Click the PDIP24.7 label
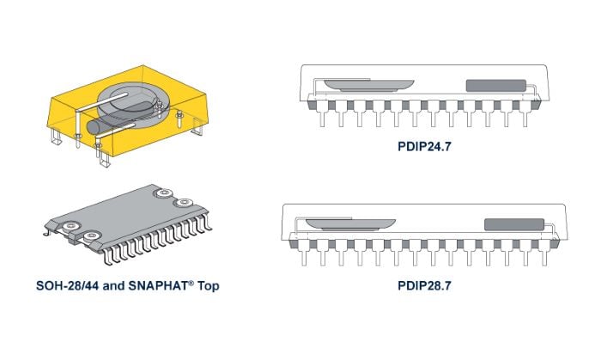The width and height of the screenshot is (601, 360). tap(424, 146)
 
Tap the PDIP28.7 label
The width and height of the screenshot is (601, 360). tap(424, 285)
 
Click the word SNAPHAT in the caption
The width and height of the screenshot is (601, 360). tap(158, 285)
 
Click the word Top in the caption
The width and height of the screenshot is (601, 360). tap(208, 286)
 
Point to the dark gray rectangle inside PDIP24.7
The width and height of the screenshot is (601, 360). tap(495, 86)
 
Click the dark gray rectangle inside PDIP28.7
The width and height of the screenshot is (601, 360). tap(514, 224)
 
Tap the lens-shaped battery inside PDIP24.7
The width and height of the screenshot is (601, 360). tap(368, 85)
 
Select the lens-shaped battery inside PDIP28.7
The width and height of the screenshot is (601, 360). tap(350, 224)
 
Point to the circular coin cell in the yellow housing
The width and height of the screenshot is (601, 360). tap(132, 103)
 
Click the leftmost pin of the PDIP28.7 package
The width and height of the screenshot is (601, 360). tap(304, 253)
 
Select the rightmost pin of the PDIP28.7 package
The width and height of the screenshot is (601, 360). tap(543, 253)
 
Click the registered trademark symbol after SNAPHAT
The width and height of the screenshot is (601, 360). tap(191, 282)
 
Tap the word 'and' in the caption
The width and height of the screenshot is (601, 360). tap(114, 285)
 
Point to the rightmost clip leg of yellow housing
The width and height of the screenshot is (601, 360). tap(197, 127)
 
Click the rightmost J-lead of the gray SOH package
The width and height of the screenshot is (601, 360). tap(207, 222)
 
